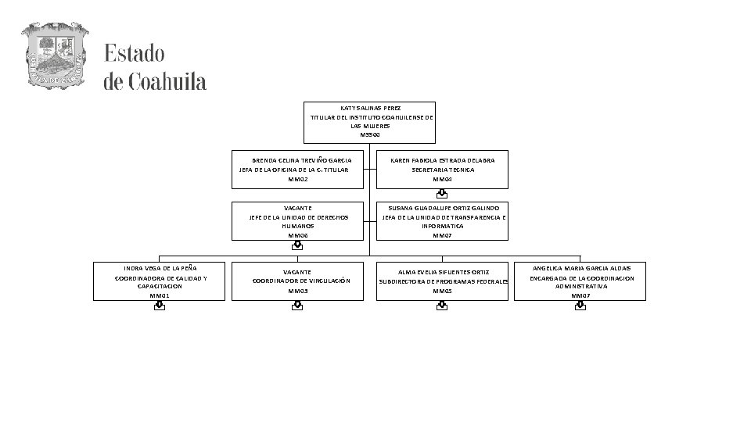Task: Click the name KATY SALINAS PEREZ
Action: (x=370, y=107)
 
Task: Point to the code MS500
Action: (x=370, y=135)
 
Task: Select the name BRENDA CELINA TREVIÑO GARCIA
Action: (x=296, y=160)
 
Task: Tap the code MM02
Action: (x=298, y=179)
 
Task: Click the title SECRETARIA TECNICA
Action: (x=443, y=170)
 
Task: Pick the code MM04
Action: (x=443, y=179)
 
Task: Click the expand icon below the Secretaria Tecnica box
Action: (x=442, y=194)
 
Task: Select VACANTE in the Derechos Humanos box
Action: (x=298, y=208)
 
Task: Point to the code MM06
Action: (x=298, y=235)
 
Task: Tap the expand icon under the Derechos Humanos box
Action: (x=297, y=245)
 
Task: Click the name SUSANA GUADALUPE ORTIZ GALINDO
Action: (x=443, y=208)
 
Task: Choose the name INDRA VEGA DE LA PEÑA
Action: (x=160, y=268)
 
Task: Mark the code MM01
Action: (x=160, y=295)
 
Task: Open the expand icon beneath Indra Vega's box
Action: (x=160, y=306)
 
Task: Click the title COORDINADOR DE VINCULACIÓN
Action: (x=301, y=281)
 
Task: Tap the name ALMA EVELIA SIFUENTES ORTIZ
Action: (x=443, y=272)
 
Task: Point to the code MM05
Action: (x=443, y=291)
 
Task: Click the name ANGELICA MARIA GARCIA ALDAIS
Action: (x=580, y=268)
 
